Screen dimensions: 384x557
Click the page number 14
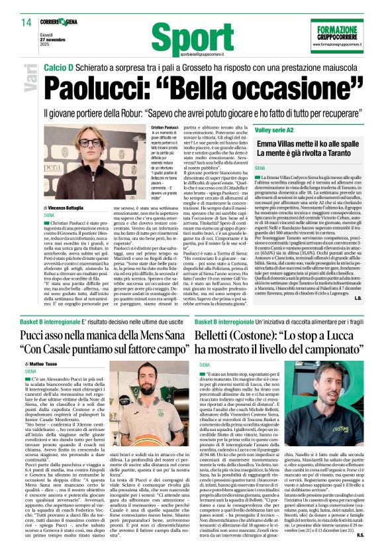point(26,23)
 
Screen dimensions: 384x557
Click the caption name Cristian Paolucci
point(166,127)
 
